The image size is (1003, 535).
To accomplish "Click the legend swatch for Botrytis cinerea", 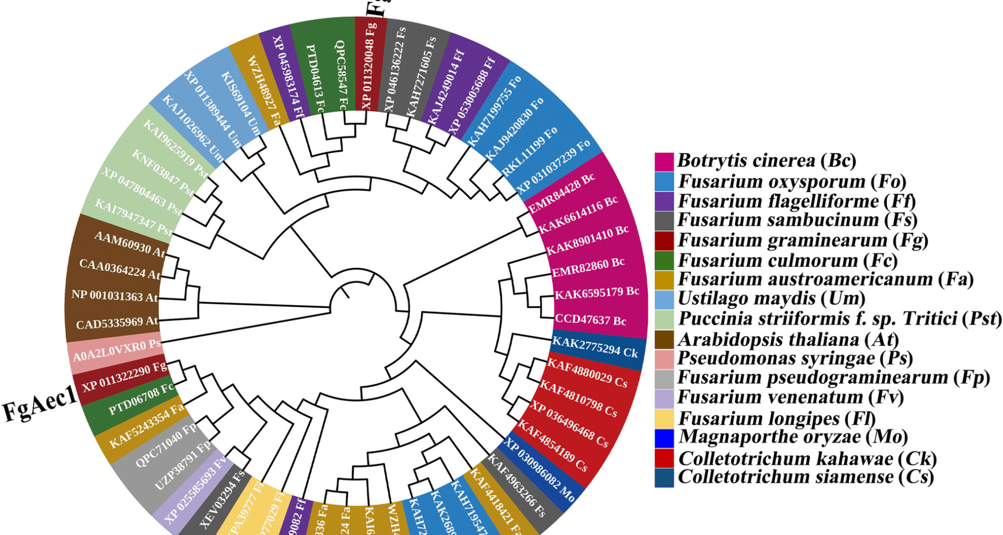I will click(x=664, y=161).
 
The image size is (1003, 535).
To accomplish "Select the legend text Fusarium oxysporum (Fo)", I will click(x=791, y=181).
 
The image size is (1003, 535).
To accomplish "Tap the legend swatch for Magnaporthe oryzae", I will click(x=664, y=438).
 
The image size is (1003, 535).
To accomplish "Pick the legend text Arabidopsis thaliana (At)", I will click(x=788, y=340).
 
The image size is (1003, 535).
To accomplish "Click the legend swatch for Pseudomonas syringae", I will click(x=664, y=359).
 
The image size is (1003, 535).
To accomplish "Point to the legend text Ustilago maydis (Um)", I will click(x=771, y=298).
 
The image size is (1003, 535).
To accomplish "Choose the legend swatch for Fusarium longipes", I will click(x=664, y=418).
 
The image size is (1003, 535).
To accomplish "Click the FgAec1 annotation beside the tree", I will click(x=40, y=405).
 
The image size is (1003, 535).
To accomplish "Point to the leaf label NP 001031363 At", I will click(x=114, y=296).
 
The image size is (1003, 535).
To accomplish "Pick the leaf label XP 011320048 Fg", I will click(x=369, y=65).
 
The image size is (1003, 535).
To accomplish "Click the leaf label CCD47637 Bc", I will click(x=590, y=320).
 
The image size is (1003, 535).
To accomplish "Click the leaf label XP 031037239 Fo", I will click(x=553, y=167).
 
